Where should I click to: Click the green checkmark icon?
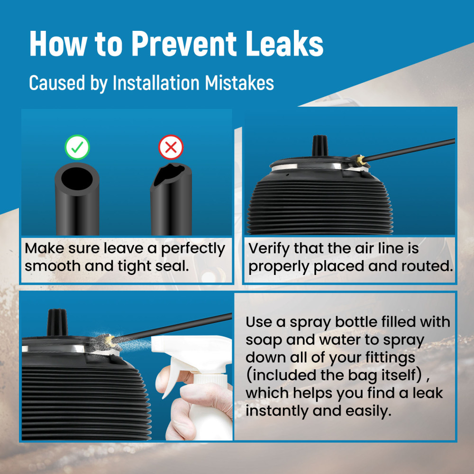(x=77, y=147)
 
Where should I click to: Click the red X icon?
(x=171, y=147)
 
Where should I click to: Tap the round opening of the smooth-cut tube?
(x=77, y=179)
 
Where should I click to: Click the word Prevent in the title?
(x=184, y=44)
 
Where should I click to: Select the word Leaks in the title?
(x=284, y=43)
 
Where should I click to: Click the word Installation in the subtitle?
(x=156, y=82)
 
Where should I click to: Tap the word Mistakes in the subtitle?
(x=239, y=82)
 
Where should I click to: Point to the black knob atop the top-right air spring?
(x=320, y=146)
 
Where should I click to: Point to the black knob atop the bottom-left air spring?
(x=57, y=322)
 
